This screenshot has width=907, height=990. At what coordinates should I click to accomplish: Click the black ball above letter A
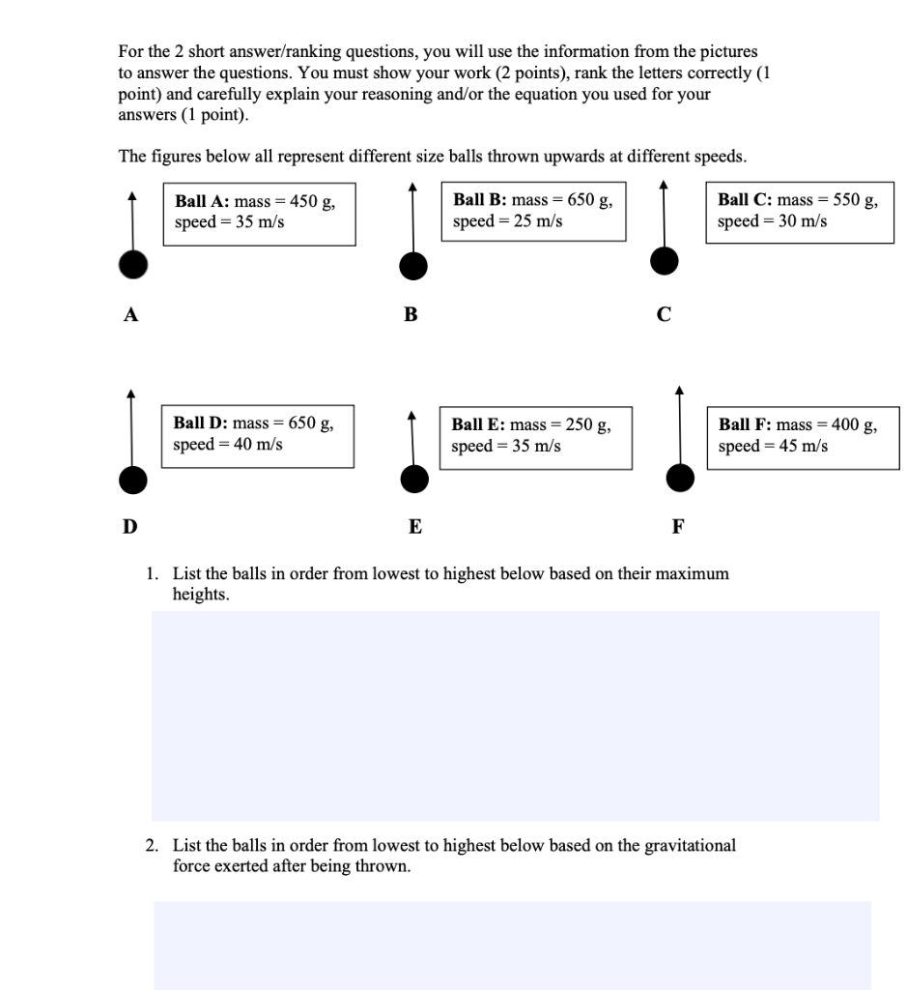(132, 263)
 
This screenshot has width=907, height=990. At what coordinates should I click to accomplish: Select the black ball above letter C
(663, 260)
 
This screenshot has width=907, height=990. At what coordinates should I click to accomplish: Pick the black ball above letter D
(132, 478)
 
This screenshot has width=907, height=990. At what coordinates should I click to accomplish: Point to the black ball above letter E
(414, 478)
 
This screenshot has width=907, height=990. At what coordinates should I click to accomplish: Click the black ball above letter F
(680, 477)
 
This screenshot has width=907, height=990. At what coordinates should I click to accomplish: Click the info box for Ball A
(259, 213)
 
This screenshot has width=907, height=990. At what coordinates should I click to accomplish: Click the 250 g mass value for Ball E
(583, 424)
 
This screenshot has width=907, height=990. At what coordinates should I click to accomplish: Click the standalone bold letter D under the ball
(129, 527)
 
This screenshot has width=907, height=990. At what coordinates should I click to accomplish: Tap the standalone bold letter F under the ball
(677, 527)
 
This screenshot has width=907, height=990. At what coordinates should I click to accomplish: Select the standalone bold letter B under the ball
(411, 313)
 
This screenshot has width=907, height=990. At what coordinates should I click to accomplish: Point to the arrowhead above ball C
(663, 184)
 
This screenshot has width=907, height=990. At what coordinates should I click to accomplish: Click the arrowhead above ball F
(679, 391)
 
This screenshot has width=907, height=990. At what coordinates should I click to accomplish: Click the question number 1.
(151, 574)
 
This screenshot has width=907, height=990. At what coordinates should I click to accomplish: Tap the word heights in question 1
(200, 595)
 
